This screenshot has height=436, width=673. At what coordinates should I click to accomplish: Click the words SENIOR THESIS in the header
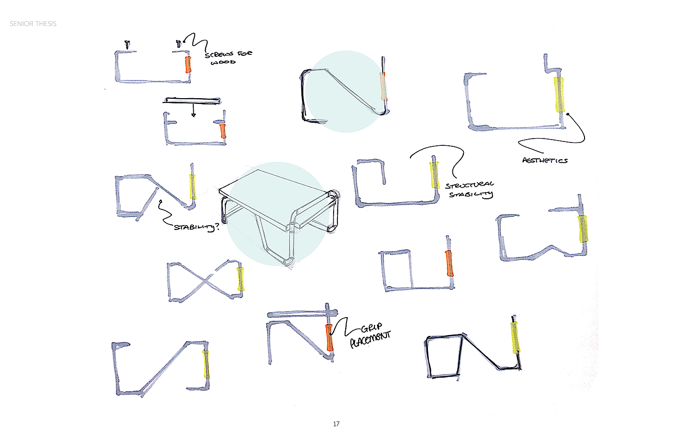click(33, 24)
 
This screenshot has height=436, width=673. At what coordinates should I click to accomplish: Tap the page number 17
click(336, 424)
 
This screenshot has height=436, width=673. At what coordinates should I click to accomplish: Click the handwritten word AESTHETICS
click(545, 160)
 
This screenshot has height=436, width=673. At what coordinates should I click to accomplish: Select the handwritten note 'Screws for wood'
click(228, 57)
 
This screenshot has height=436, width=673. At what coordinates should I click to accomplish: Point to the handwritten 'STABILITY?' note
click(196, 227)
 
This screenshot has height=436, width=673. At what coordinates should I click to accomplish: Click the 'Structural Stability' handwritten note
click(470, 190)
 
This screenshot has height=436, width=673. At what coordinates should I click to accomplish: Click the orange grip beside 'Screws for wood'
click(188, 64)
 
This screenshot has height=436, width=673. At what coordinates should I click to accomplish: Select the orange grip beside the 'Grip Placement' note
click(329, 337)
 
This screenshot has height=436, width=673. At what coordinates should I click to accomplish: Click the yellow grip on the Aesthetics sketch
click(559, 94)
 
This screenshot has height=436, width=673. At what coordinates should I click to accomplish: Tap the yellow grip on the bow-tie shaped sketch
click(240, 279)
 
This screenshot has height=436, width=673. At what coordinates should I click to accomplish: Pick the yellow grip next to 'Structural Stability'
click(435, 175)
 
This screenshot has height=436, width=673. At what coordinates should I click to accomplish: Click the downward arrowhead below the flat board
click(193, 115)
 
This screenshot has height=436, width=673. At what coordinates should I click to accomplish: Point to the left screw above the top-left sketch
click(127, 45)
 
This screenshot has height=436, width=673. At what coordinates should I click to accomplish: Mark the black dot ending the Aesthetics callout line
click(568, 114)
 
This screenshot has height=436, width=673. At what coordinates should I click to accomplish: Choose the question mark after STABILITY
click(217, 226)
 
